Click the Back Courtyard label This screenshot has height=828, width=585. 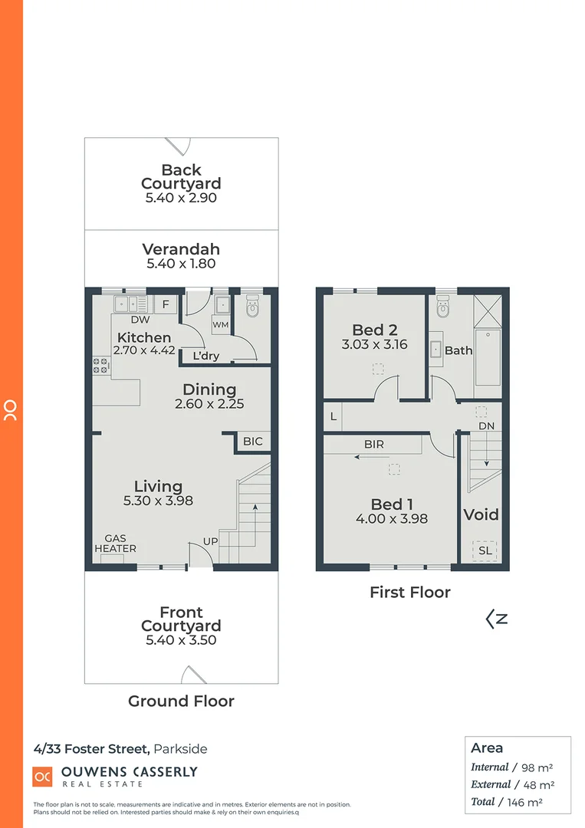[181, 177]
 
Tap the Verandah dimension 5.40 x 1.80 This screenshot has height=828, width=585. [181, 264]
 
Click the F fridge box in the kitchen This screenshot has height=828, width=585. [166, 304]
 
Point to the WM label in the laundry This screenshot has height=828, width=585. [220, 325]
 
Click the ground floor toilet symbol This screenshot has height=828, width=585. [251, 308]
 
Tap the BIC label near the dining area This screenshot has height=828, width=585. [252, 442]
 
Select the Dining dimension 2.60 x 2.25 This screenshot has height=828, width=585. [209, 404]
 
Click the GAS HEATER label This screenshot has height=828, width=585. [115, 544]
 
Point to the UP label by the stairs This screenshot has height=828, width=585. [209, 541]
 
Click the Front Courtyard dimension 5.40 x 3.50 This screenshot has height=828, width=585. [181, 640]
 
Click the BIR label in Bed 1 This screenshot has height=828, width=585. [374, 444]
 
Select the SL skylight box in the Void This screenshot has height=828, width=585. [485, 550]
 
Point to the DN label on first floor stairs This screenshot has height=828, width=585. [486, 426]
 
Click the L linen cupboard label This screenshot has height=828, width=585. [333, 417]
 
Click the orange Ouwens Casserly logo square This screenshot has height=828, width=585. [42, 777]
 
